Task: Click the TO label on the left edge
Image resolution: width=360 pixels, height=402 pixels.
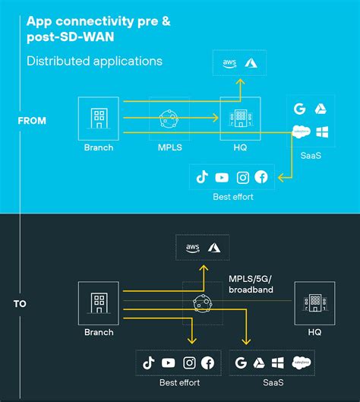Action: tap(20, 304)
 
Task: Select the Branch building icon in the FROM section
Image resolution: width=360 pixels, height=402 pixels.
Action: tap(99, 119)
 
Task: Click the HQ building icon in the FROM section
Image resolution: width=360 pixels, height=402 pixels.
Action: tap(240, 119)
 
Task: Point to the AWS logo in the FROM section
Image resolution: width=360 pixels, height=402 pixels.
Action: tap(227, 63)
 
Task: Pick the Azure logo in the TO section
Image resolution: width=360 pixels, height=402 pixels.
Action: tap(214, 247)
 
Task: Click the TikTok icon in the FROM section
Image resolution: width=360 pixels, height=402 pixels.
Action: tap(202, 177)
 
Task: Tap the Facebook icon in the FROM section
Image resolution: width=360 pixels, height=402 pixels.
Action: tap(262, 177)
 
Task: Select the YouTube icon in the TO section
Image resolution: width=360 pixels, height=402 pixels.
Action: tap(169, 362)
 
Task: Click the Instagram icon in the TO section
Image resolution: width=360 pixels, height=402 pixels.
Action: tap(188, 362)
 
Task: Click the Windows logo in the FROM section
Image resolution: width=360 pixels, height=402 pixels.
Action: tap(323, 131)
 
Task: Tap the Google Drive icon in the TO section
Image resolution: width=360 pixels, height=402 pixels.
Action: tap(260, 362)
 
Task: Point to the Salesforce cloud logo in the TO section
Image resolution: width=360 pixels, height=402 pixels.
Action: tap(302, 362)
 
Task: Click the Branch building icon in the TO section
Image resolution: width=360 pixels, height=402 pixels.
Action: tap(99, 302)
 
